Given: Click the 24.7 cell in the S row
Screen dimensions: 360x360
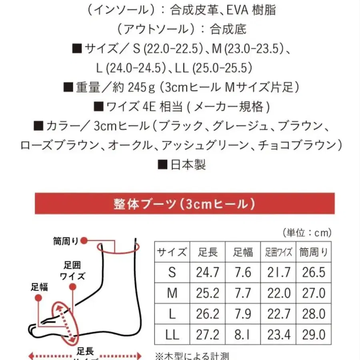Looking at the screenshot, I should coord(208,272).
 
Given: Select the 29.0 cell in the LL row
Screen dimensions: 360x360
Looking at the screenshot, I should coord(314,334).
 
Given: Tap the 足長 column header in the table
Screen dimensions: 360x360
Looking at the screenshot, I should coord(208,252).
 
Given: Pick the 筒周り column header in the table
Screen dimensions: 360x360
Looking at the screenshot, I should coord(314,252).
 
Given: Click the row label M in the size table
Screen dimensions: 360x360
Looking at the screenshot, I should coord(172,293).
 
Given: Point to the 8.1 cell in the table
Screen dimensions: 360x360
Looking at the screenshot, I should coord(243,334).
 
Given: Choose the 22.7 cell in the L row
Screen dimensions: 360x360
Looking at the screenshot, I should coord(278,314).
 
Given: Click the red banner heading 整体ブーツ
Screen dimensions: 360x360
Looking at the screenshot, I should coord(184,204).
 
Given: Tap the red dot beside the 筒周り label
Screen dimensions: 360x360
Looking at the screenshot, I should coord(84,241).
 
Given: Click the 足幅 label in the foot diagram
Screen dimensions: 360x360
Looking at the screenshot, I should coord(39,287).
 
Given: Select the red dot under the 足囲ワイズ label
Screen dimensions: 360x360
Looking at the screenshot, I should coord(72,287).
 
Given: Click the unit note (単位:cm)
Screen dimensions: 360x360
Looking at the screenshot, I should coord(307,232).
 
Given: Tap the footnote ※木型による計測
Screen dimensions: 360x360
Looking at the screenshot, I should coord(192,355).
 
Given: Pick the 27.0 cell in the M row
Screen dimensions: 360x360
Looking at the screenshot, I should coord(314,293).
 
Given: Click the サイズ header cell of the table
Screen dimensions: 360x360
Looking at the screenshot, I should coord(172,252).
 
